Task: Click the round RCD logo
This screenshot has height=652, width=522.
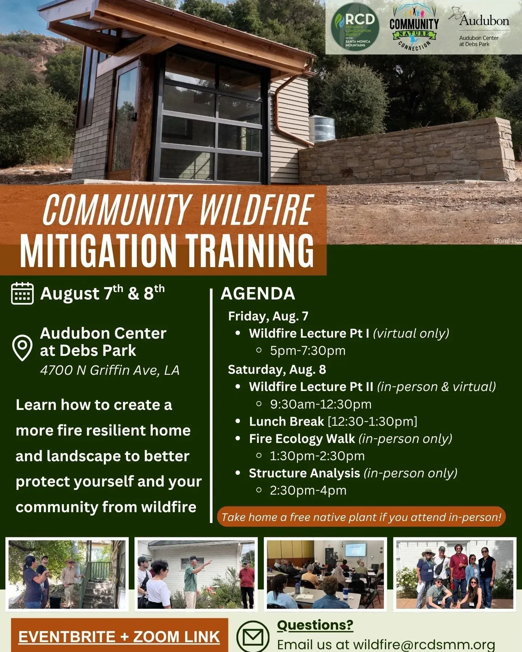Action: click(355, 27)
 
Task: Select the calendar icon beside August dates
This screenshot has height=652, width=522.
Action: click(22, 293)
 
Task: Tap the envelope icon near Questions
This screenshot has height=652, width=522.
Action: click(253, 636)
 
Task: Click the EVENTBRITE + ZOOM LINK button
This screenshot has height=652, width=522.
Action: click(119, 636)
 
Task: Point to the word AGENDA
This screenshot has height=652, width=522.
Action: click(258, 294)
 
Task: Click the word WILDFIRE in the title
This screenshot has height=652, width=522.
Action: click(256, 209)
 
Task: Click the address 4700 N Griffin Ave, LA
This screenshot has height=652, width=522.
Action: click(110, 370)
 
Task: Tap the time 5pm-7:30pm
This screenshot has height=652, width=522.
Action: click(308, 350)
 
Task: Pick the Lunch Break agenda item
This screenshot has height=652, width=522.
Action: click(286, 421)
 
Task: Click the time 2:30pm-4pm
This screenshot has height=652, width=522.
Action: click(308, 490)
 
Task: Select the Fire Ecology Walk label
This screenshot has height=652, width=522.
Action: click(302, 439)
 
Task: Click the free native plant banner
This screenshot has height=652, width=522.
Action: click(361, 517)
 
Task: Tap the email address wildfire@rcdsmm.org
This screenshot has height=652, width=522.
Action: click(424, 645)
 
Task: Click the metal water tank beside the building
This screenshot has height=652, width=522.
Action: click(322, 129)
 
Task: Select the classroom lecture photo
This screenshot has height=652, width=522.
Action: click(325, 574)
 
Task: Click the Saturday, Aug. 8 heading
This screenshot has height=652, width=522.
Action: click(277, 369)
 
